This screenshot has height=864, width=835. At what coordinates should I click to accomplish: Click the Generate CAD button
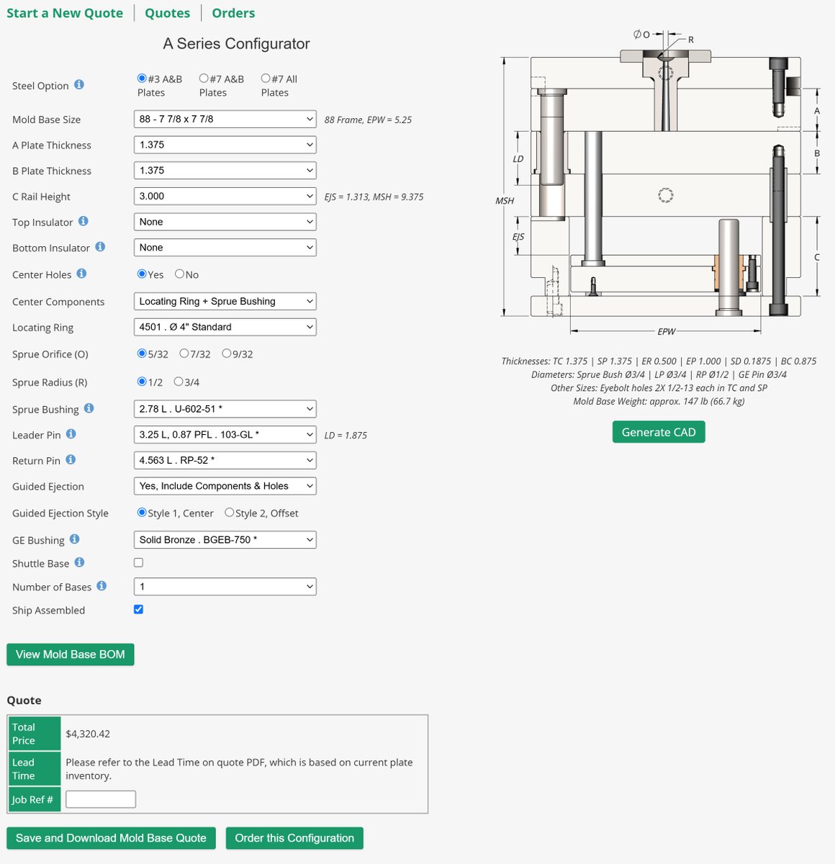click(x=658, y=432)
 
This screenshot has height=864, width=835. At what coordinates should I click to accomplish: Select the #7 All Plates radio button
click(x=266, y=78)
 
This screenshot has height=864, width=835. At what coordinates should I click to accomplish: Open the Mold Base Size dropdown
click(x=225, y=119)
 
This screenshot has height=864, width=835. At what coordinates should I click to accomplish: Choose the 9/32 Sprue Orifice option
click(x=227, y=354)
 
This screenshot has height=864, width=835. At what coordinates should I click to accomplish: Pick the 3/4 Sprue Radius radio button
click(x=179, y=382)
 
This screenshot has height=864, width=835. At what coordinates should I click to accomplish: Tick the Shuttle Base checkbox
click(x=139, y=562)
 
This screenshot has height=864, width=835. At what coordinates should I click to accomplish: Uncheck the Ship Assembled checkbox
click(x=139, y=609)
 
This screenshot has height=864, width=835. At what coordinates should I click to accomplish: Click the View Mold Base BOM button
click(x=70, y=654)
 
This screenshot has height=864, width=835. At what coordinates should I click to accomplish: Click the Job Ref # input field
click(x=100, y=799)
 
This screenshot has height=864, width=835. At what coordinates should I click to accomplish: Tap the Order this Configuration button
click(x=294, y=838)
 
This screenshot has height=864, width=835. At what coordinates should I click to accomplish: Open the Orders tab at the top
click(x=233, y=13)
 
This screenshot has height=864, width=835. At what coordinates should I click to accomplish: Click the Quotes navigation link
click(x=167, y=13)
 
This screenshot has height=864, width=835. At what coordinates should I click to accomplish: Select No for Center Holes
click(x=180, y=274)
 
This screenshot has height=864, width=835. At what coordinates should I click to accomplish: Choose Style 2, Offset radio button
click(x=230, y=513)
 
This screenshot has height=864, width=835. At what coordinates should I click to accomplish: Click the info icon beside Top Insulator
click(x=83, y=221)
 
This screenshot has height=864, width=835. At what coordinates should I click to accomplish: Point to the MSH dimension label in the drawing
click(x=505, y=201)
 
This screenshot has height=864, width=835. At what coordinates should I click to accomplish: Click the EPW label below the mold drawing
click(x=667, y=332)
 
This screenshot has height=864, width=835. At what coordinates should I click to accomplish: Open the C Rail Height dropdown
click(x=225, y=196)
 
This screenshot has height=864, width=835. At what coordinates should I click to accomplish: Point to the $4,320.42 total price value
click(x=88, y=734)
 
